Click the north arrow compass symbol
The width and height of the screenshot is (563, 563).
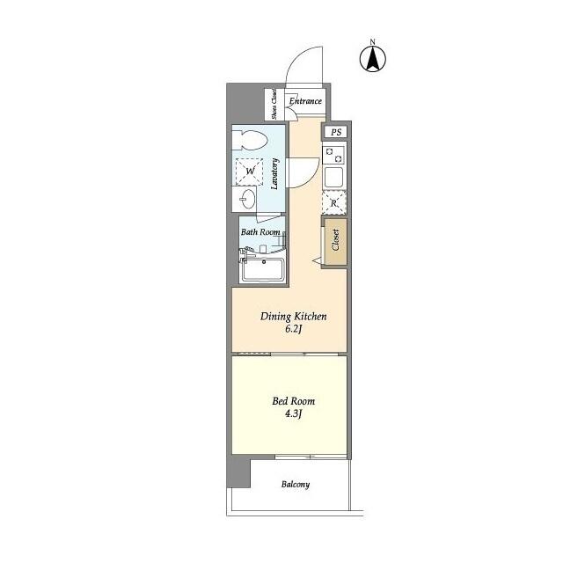[373, 57]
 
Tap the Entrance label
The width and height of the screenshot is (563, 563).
[305, 102]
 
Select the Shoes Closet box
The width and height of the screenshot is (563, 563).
[274, 104]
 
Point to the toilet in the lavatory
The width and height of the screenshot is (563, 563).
[250, 141]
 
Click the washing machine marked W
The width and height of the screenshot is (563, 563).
[250, 171]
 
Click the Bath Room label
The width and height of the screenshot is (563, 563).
[260, 232]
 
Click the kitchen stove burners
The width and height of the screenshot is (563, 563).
[334, 154]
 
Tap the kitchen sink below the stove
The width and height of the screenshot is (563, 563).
[334, 177]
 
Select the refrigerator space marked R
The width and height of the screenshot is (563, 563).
[333, 202]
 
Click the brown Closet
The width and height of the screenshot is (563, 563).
[335, 240]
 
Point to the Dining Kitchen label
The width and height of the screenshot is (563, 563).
[293, 316]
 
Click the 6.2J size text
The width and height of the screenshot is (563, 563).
[293, 331]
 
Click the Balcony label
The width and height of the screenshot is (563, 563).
[296, 485]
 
